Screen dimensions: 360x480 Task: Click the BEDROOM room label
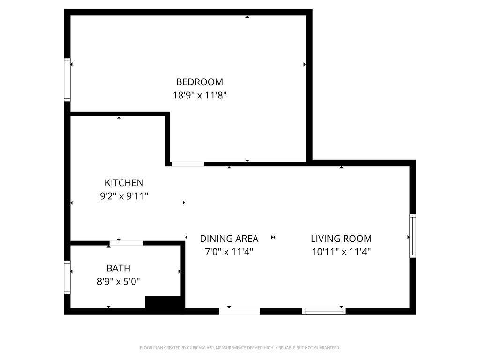pos(200,82)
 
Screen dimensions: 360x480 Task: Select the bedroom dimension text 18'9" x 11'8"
pos(200,95)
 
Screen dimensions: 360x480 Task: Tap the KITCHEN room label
pos(124,183)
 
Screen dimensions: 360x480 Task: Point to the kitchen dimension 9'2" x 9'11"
pos(124,196)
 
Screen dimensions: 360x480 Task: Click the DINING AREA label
pos(229,239)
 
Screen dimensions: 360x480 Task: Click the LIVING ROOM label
pos(341,239)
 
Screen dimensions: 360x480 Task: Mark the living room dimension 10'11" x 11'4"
pos(341,252)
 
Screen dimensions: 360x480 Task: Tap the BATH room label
pos(118,269)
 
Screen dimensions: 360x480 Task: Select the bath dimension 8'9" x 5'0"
pos(119,282)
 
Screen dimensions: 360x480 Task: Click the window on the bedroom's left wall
pos(67,80)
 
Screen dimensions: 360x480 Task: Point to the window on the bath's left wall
pos(67,277)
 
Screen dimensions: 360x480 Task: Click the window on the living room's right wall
pos(412,236)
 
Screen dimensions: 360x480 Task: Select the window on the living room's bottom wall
pos(324,311)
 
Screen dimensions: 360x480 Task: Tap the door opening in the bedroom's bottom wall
pos(187,164)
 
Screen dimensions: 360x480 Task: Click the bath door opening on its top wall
pos(127,243)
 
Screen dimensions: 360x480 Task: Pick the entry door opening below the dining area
pos(239,311)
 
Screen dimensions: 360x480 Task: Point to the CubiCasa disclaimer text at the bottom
pos(240,348)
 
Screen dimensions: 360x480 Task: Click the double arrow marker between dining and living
pos(273,237)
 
